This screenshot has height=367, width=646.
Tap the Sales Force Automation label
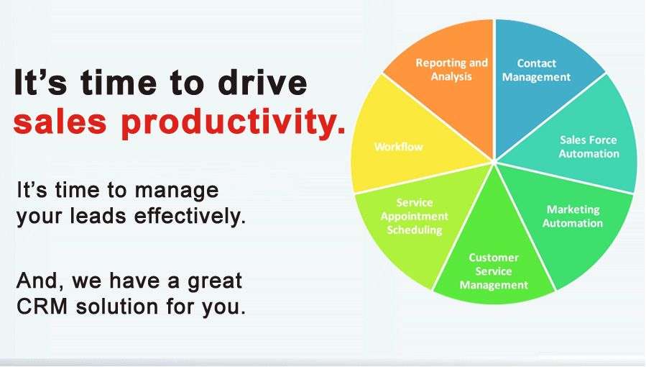pyautogui.click(x=589, y=147)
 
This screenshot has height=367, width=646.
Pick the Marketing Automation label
pyautogui.click(x=573, y=216)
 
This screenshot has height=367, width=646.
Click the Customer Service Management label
pyautogui.click(x=494, y=271)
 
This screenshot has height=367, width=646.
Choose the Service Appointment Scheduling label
pyautogui.click(x=415, y=216)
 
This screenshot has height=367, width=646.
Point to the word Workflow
pyautogui.click(x=398, y=147)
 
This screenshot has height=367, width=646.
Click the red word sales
pyautogui.click(x=60, y=121)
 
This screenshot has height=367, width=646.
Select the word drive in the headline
pyautogui.click(x=262, y=82)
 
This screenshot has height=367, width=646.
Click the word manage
pyautogui.click(x=177, y=191)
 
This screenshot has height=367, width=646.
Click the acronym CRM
pyautogui.click(x=42, y=307)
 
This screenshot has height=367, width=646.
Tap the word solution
pyautogui.click(x=117, y=307)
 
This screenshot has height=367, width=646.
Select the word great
pyautogui.click(x=215, y=282)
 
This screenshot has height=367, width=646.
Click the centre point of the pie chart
pyautogui.click(x=494, y=162)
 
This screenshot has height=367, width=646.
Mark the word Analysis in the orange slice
pyautogui.click(x=451, y=77)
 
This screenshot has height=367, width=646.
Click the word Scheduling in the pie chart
pyautogui.click(x=415, y=230)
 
